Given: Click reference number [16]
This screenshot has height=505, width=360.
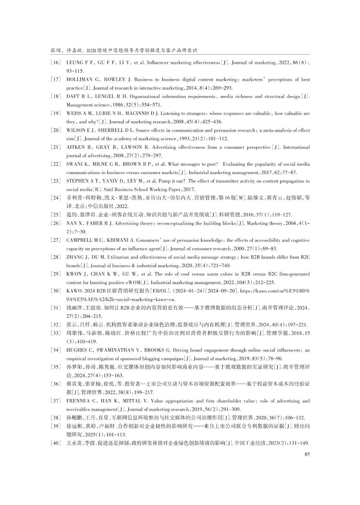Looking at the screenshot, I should point(56,63).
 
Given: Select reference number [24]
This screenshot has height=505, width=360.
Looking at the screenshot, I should point(56,198).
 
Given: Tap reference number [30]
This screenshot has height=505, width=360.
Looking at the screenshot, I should point(56,291).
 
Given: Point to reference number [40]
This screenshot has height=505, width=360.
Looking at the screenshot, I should point(56,443).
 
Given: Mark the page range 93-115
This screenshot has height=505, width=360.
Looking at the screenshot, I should point(75,71).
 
